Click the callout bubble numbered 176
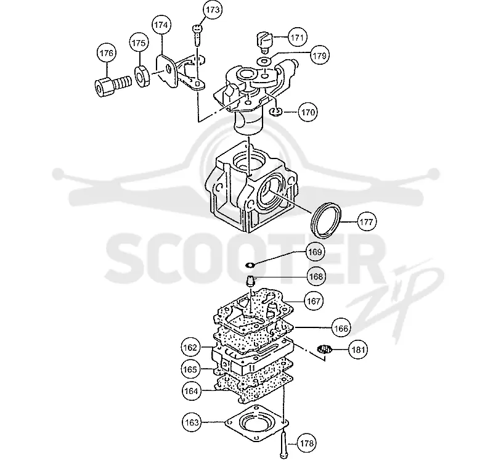click(106, 53)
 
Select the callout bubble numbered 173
click(213, 10)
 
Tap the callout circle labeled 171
click(298, 38)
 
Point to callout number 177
click(367, 222)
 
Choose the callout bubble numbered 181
click(358, 350)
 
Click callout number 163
click(192, 422)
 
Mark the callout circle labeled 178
click(306, 443)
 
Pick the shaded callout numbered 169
click(315, 252)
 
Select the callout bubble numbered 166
click(341, 329)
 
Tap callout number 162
click(190, 347)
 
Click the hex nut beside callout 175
click(142, 76)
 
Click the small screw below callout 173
click(197, 36)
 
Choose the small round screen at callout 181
click(325, 349)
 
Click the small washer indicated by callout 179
click(264, 60)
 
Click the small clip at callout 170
click(275, 112)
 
